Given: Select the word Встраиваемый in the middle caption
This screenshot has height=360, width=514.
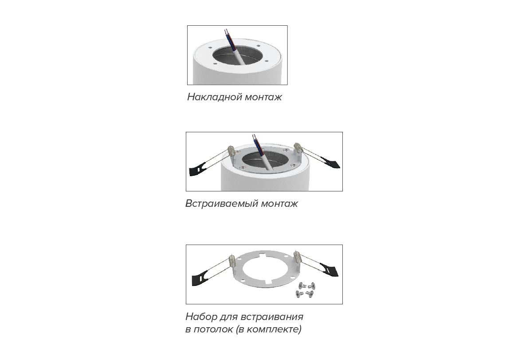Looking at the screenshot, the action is coord(222,204).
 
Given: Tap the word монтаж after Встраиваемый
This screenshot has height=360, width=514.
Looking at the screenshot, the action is coord(279,204).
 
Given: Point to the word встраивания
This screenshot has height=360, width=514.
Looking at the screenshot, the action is coord(272,317).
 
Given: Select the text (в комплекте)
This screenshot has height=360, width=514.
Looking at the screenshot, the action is coord(268,329).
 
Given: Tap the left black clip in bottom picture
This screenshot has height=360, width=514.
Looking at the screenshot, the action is coord(200,278).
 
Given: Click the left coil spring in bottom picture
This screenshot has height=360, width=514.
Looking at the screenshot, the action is coord(232,262).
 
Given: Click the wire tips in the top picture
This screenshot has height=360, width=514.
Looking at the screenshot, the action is coord(226,32).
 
